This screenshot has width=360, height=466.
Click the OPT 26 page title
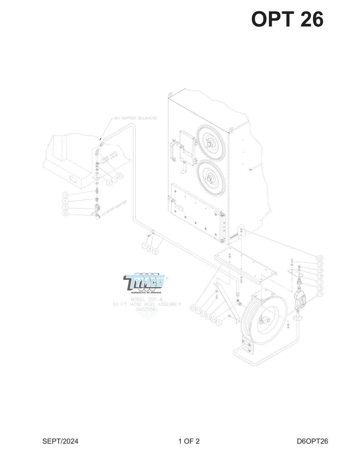coord(287,19)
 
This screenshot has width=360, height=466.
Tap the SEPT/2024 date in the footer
coord(60,441)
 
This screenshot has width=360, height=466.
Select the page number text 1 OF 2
coord(189,441)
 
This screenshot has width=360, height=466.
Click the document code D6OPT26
coord(312,441)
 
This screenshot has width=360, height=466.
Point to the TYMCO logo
coord(144,283)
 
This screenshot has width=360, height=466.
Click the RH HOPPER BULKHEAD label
coord(136,118)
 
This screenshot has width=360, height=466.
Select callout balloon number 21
coord(119,176)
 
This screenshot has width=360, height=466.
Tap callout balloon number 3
coord(66,195)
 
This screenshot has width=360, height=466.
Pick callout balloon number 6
coord(66,213)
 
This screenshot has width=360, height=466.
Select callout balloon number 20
coord(320,258)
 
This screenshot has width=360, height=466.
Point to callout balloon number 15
coord(320,294)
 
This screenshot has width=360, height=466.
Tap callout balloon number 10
coord(193,308)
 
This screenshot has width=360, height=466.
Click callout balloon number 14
coord(214,319)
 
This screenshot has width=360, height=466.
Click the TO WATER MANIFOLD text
coord(114,208)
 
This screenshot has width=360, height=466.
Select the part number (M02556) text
coord(147,309)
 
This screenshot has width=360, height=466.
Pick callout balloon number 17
coord(320,282)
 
